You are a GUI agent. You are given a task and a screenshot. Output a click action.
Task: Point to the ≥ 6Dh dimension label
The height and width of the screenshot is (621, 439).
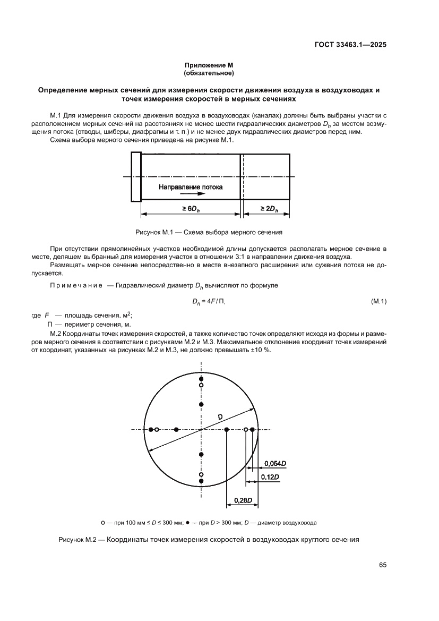(191, 209)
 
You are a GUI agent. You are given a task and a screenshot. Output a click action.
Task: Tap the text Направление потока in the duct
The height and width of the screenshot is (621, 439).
(191, 187)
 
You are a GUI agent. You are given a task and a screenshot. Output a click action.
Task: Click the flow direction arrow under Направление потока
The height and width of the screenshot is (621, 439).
(180, 194)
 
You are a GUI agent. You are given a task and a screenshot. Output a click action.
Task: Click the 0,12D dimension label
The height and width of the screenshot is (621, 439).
(270, 478)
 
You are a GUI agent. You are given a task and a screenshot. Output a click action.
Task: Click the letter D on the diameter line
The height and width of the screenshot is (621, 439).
(220, 417)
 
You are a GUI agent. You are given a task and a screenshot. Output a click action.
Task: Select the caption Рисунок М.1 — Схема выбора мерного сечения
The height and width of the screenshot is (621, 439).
(209, 232)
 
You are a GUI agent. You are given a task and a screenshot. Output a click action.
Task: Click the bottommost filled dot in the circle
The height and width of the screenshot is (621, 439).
(201, 481)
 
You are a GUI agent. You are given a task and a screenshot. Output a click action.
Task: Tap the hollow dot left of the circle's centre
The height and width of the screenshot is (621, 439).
(157, 429)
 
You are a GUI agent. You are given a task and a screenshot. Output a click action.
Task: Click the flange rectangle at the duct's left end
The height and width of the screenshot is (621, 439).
(135, 176)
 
